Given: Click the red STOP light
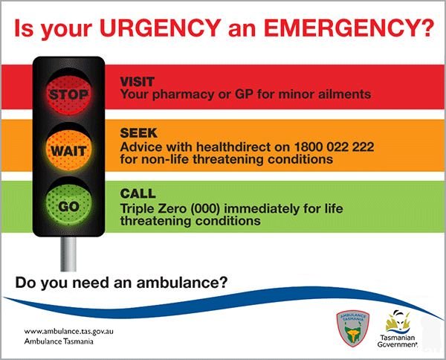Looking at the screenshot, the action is coord(69,94).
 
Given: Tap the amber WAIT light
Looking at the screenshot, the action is coord(69,150).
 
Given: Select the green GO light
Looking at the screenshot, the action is coord(69,205).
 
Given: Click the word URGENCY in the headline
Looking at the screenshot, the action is coord(160,28).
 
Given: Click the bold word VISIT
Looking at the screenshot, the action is coord(137,82).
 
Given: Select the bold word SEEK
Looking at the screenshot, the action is coord(138,133).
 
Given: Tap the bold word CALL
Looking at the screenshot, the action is coord(138,193).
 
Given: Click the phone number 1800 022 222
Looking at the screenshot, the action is coord(334,147).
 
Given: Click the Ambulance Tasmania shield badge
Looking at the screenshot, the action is coord(352,328).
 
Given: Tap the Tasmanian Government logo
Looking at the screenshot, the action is coord(397,329).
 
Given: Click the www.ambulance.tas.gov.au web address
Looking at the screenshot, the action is coord(69,332).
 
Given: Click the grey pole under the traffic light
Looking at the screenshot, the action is coord(68,254).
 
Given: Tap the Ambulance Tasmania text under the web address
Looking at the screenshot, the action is coord(59,341).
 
